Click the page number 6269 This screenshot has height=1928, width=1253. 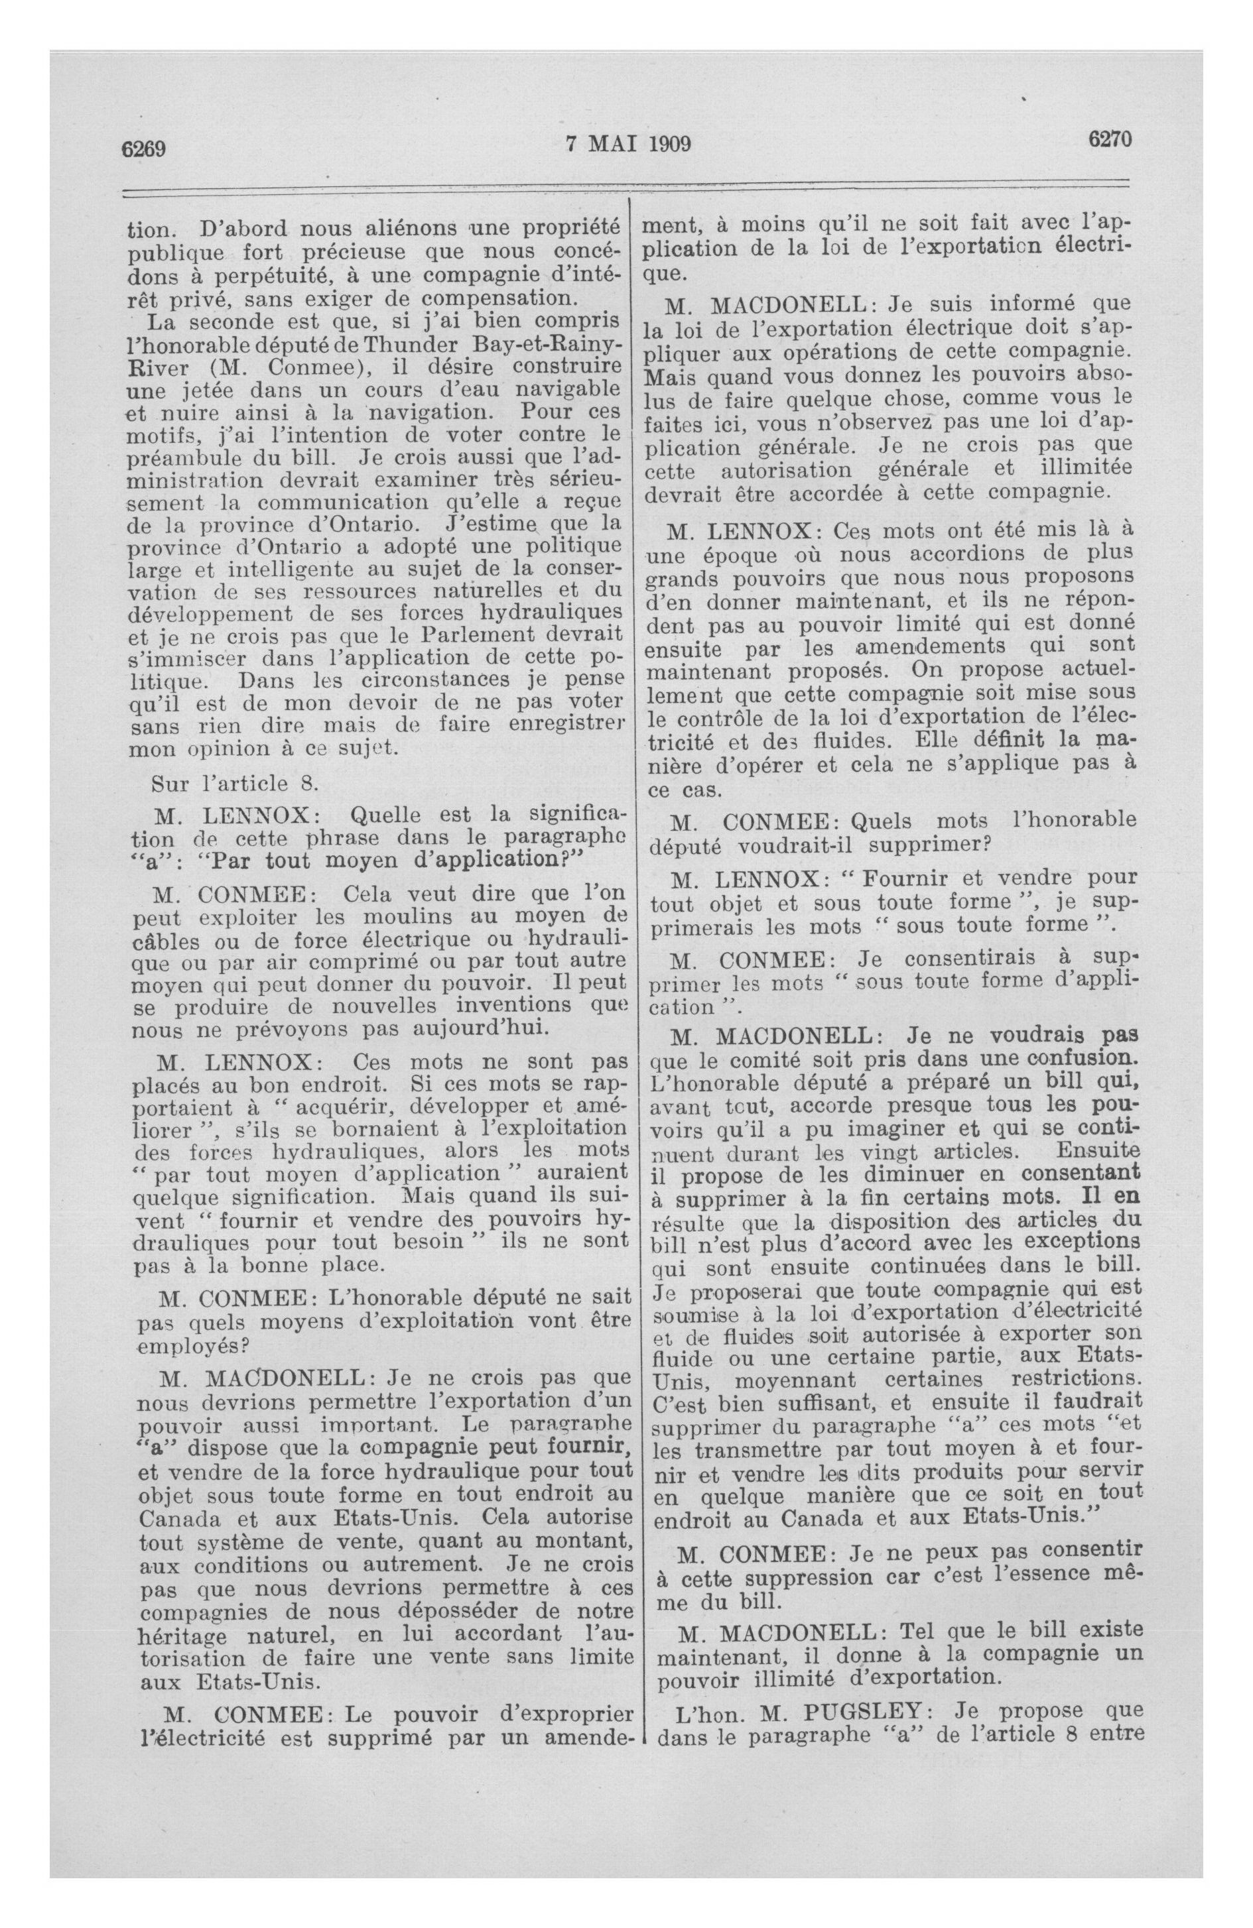pos(143,149)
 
